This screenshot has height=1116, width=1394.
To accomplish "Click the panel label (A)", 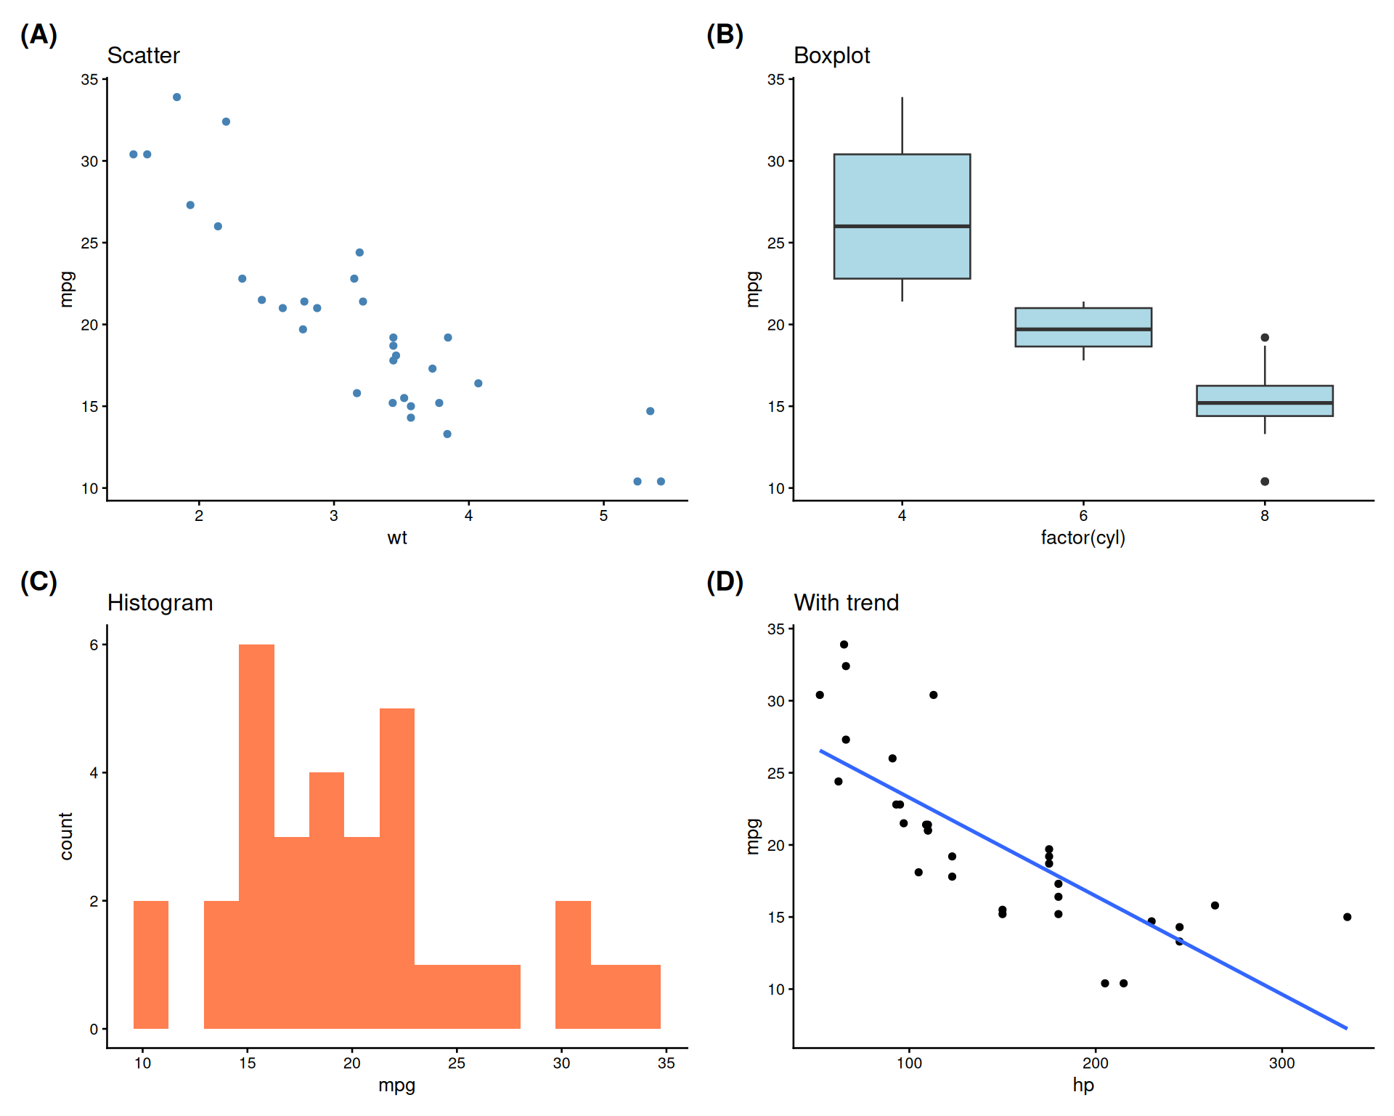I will tap(38, 35).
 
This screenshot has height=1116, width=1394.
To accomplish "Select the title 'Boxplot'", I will tap(831, 55).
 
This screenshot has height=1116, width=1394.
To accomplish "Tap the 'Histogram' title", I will tap(160, 602).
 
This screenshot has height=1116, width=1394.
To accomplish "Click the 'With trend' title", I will tap(846, 602).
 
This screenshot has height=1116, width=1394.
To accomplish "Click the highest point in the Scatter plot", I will tap(176, 97).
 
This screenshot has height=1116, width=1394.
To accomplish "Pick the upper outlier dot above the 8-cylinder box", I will tap(1264, 338).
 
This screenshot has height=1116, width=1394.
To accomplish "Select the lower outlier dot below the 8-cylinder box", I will tap(1264, 481).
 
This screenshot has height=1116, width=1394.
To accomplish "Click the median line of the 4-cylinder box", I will tap(902, 226).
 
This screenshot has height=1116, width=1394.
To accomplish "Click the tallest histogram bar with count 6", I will tap(257, 836).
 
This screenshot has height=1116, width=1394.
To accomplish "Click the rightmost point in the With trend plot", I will tap(1347, 917).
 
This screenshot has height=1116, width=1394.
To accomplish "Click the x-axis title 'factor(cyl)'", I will tap(1083, 538).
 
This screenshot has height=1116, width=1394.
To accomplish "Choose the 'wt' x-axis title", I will tap(396, 538).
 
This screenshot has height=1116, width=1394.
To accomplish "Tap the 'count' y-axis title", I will tap(66, 836).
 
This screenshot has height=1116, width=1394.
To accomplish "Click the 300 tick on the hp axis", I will tap(1281, 1063).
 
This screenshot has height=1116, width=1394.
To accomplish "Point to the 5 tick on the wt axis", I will tap(603, 516).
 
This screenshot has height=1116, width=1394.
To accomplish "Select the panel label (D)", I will tap(725, 582).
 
